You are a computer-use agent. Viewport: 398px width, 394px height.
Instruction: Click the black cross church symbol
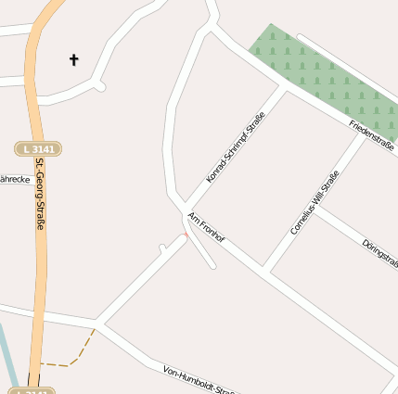(x=74, y=60)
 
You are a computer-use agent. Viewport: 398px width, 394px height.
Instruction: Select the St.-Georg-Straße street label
(x=40, y=194)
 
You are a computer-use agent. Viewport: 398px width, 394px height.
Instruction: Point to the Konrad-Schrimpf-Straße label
(x=236, y=146)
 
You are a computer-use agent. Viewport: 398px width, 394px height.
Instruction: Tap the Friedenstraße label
(x=371, y=135)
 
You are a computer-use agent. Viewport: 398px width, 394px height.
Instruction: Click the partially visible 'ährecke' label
(x=15, y=179)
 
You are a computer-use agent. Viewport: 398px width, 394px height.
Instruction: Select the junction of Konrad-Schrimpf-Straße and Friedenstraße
(x=286, y=90)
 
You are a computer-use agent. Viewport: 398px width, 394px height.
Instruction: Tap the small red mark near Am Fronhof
(x=186, y=235)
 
